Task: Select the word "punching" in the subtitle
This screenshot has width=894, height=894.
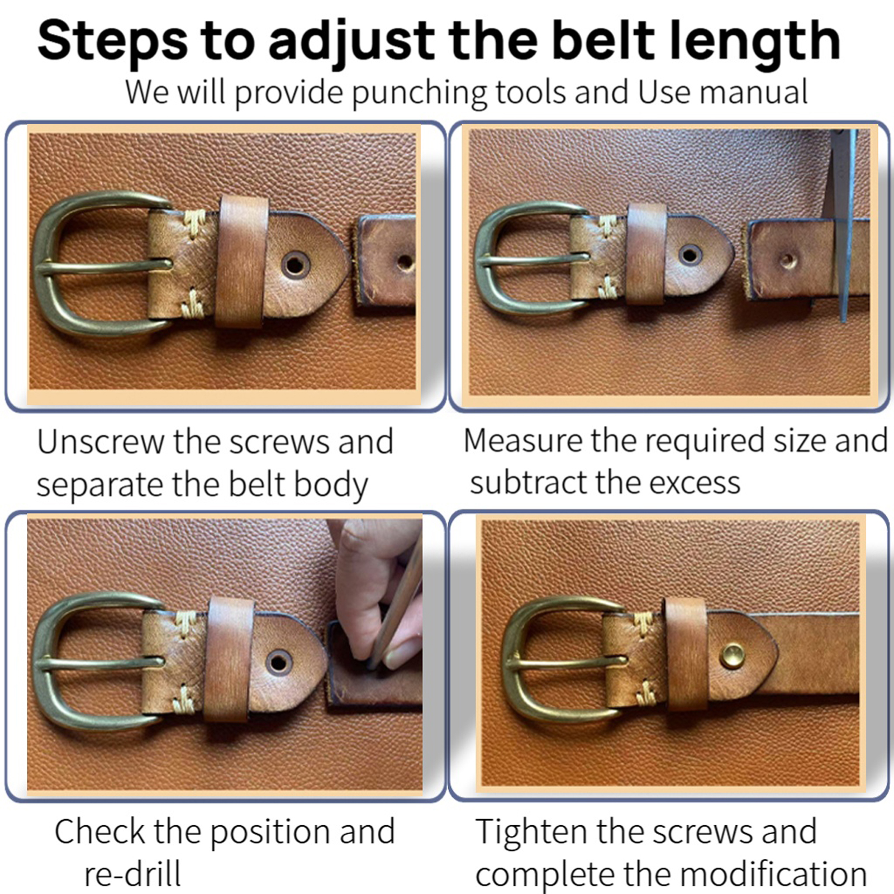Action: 419,93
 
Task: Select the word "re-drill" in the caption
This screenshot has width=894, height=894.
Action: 132,874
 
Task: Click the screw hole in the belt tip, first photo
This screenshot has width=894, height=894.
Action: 295,263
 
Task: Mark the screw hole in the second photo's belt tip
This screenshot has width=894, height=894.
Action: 690,255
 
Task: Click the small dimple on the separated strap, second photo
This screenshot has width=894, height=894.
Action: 788,259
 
